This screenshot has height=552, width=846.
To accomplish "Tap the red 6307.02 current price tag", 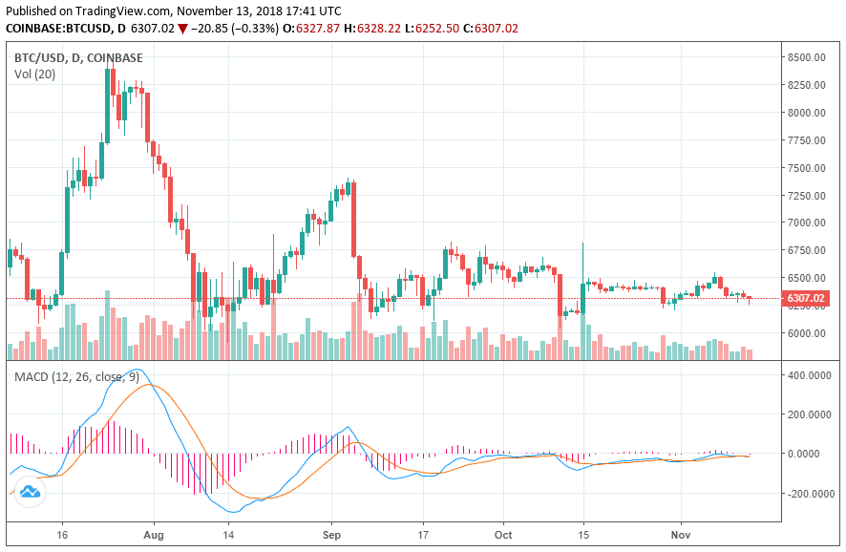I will tap(806, 299).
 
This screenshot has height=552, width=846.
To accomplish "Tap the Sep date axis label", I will tap(332, 537).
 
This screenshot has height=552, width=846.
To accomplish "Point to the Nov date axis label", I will tap(680, 537).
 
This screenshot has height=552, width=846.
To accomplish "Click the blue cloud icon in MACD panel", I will tap(30, 492).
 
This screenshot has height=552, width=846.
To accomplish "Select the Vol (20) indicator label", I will tap(35, 74).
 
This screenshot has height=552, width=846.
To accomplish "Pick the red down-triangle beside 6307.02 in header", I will tap(182, 29).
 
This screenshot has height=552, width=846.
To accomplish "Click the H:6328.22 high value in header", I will tap(378, 29).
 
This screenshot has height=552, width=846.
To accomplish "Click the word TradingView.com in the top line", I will tap(121, 10).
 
